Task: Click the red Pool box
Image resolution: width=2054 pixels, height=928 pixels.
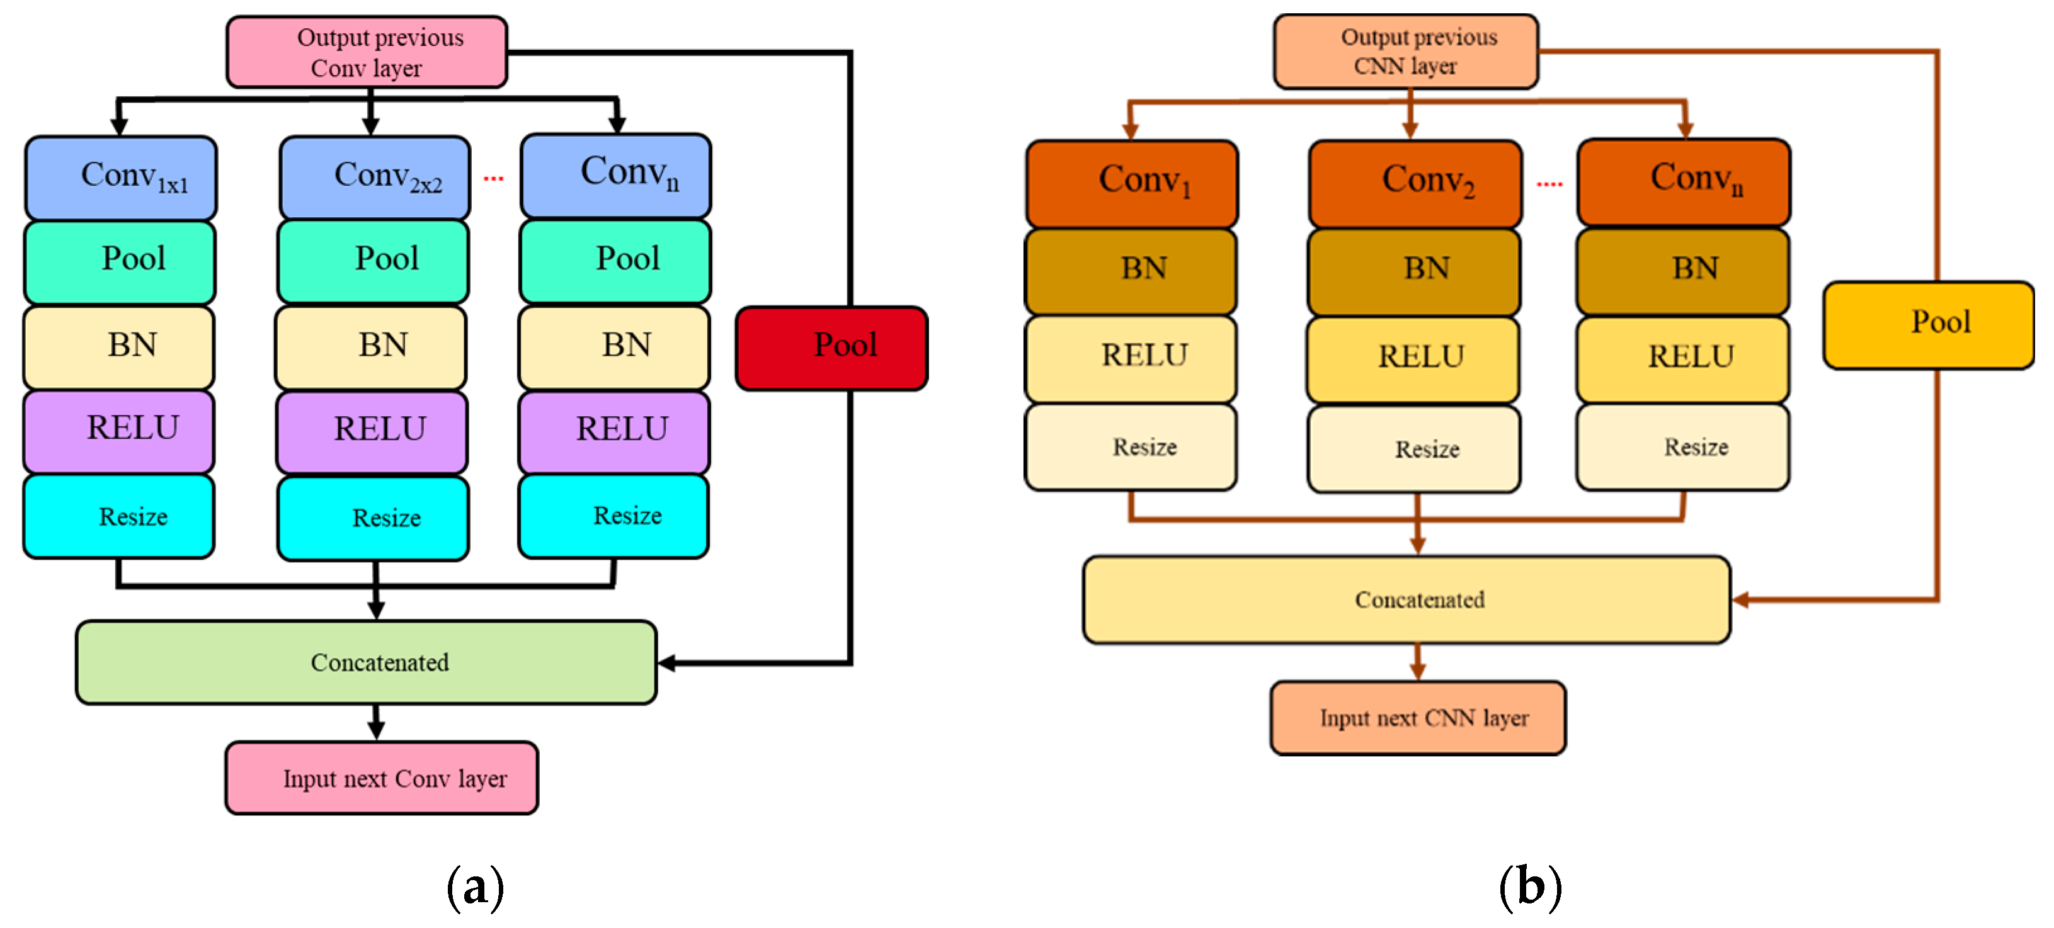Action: pyautogui.click(x=831, y=348)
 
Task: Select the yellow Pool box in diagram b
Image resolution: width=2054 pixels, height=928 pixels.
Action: pyautogui.click(x=1928, y=324)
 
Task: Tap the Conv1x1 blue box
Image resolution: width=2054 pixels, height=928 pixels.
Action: pyautogui.click(x=121, y=178)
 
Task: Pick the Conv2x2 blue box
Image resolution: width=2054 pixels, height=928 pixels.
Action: pyautogui.click(x=375, y=178)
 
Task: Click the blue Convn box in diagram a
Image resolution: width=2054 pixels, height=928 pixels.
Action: pyautogui.click(x=615, y=176)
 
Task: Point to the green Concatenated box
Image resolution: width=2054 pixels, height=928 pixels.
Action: pyautogui.click(x=366, y=662)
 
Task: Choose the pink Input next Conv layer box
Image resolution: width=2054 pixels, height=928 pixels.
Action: pyautogui.click(x=381, y=778)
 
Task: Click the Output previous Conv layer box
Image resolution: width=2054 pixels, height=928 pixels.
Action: pyautogui.click(x=367, y=52)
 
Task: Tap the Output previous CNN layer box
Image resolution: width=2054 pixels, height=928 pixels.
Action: pyautogui.click(x=1406, y=51)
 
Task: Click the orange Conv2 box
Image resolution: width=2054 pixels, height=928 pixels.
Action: pyautogui.click(x=1415, y=183)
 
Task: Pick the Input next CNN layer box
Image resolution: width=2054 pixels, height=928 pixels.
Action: pyautogui.click(x=1418, y=718)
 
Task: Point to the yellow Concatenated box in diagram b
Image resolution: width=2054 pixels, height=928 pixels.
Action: pyautogui.click(x=1406, y=599)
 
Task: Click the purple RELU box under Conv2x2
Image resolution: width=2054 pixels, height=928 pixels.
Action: pyautogui.click(x=372, y=431)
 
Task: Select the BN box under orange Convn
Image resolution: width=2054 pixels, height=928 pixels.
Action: pyautogui.click(x=1683, y=270)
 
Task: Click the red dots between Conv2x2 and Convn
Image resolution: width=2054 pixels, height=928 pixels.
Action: pyautogui.click(x=494, y=179)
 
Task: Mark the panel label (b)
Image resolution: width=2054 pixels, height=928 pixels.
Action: pyautogui.click(x=1529, y=886)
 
